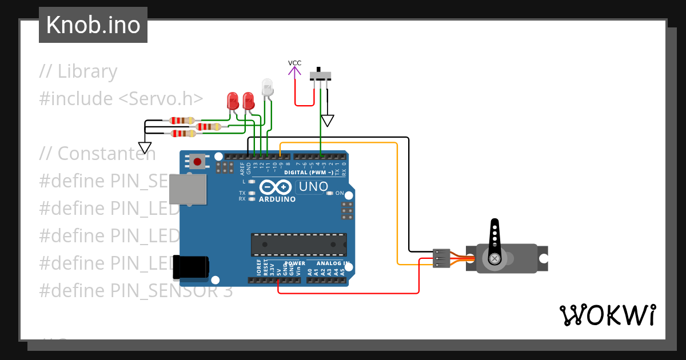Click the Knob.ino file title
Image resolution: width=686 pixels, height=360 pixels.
(93, 25)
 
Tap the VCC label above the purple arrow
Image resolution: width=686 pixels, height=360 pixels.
(294, 63)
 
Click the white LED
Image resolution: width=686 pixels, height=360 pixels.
(267, 87)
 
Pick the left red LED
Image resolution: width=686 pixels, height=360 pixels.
(233, 101)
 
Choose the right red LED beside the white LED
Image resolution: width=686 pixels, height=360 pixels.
(248, 101)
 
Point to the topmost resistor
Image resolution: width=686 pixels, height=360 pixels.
(182, 121)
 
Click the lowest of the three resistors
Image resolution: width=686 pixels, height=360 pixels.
(184, 134)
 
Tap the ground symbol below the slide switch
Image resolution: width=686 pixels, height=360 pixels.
(327, 121)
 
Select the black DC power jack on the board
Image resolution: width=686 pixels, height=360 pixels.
(191, 267)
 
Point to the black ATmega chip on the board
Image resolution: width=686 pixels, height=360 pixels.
(298, 244)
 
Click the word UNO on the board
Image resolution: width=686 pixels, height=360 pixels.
(314, 187)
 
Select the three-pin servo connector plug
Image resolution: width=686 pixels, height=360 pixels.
(441, 258)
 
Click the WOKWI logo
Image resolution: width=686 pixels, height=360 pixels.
(607, 315)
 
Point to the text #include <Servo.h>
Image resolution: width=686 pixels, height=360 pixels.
(121, 99)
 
